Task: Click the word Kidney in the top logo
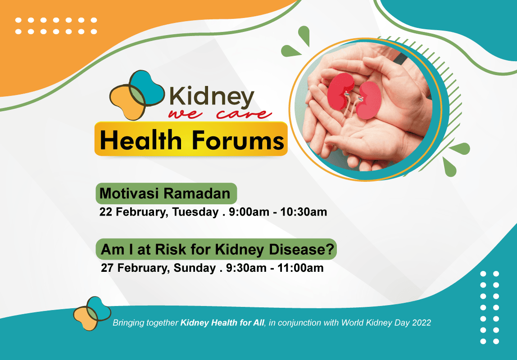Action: pos(211,98)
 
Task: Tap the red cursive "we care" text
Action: pos(220,114)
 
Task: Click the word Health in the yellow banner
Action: pos(141,139)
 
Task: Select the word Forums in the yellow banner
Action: pos(238,139)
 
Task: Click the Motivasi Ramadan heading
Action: pos(165,193)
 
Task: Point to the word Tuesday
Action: pos(195,212)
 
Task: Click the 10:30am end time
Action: pos(304,212)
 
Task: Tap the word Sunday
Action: pos(195,268)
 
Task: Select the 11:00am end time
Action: pos(300,268)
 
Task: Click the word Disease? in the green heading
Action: pos(302,249)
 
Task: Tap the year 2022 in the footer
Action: pos(422,323)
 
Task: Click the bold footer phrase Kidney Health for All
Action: pos(222,323)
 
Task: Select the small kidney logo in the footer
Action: pos(92,313)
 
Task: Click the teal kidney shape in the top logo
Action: pos(147,88)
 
